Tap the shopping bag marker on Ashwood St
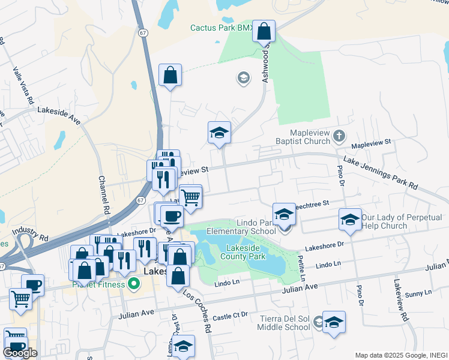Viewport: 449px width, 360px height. (x=264, y=31)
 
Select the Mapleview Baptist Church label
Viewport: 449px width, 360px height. (x=310, y=136)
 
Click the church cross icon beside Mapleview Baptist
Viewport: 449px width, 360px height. (x=339, y=136)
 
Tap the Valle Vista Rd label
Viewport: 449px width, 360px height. (x=21, y=84)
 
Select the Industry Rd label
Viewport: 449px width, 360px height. (x=29, y=230)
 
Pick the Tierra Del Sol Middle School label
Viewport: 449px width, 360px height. (x=284, y=322)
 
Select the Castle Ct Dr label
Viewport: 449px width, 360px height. (x=231, y=316)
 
